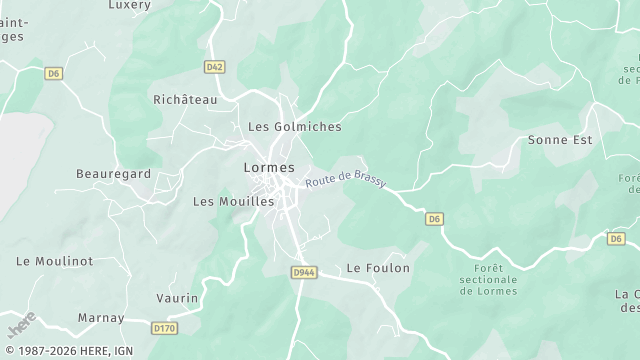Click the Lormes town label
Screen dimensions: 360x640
269,167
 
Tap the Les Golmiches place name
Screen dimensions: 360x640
294,127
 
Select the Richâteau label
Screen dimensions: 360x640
185,100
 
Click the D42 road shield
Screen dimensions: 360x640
214,67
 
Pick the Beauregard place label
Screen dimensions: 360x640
114,174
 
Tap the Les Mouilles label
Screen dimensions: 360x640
233,201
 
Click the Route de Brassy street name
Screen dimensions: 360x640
346,181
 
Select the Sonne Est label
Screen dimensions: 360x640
560,140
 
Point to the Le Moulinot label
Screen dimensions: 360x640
55,260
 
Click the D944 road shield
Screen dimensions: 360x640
305,272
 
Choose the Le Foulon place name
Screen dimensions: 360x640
378,268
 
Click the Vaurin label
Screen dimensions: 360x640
178,298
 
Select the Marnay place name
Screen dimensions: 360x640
102,318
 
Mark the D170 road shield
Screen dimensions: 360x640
164,327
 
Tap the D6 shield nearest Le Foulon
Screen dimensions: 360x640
434,218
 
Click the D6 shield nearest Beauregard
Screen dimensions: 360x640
53,73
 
